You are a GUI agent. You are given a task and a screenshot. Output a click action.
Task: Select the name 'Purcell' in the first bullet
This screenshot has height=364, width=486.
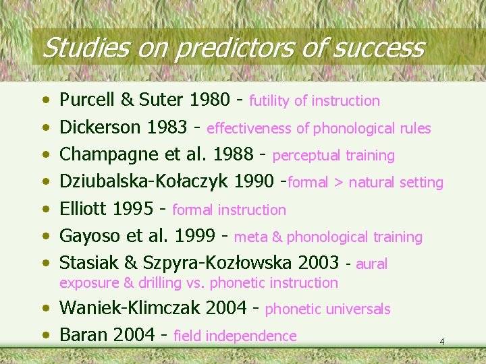pyautogui.click(x=87, y=100)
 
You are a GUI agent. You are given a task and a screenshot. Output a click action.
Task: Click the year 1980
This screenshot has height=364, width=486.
pyautogui.click(x=210, y=100)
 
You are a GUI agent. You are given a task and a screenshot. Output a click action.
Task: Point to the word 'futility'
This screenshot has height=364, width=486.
pyautogui.click(x=270, y=101)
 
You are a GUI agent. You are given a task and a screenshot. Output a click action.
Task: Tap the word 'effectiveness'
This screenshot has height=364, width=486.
pyautogui.click(x=248, y=128)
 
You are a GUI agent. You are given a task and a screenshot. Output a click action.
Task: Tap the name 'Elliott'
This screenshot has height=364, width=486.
pyautogui.click(x=84, y=210)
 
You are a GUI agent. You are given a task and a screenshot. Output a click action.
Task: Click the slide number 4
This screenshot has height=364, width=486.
pyautogui.click(x=441, y=342)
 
